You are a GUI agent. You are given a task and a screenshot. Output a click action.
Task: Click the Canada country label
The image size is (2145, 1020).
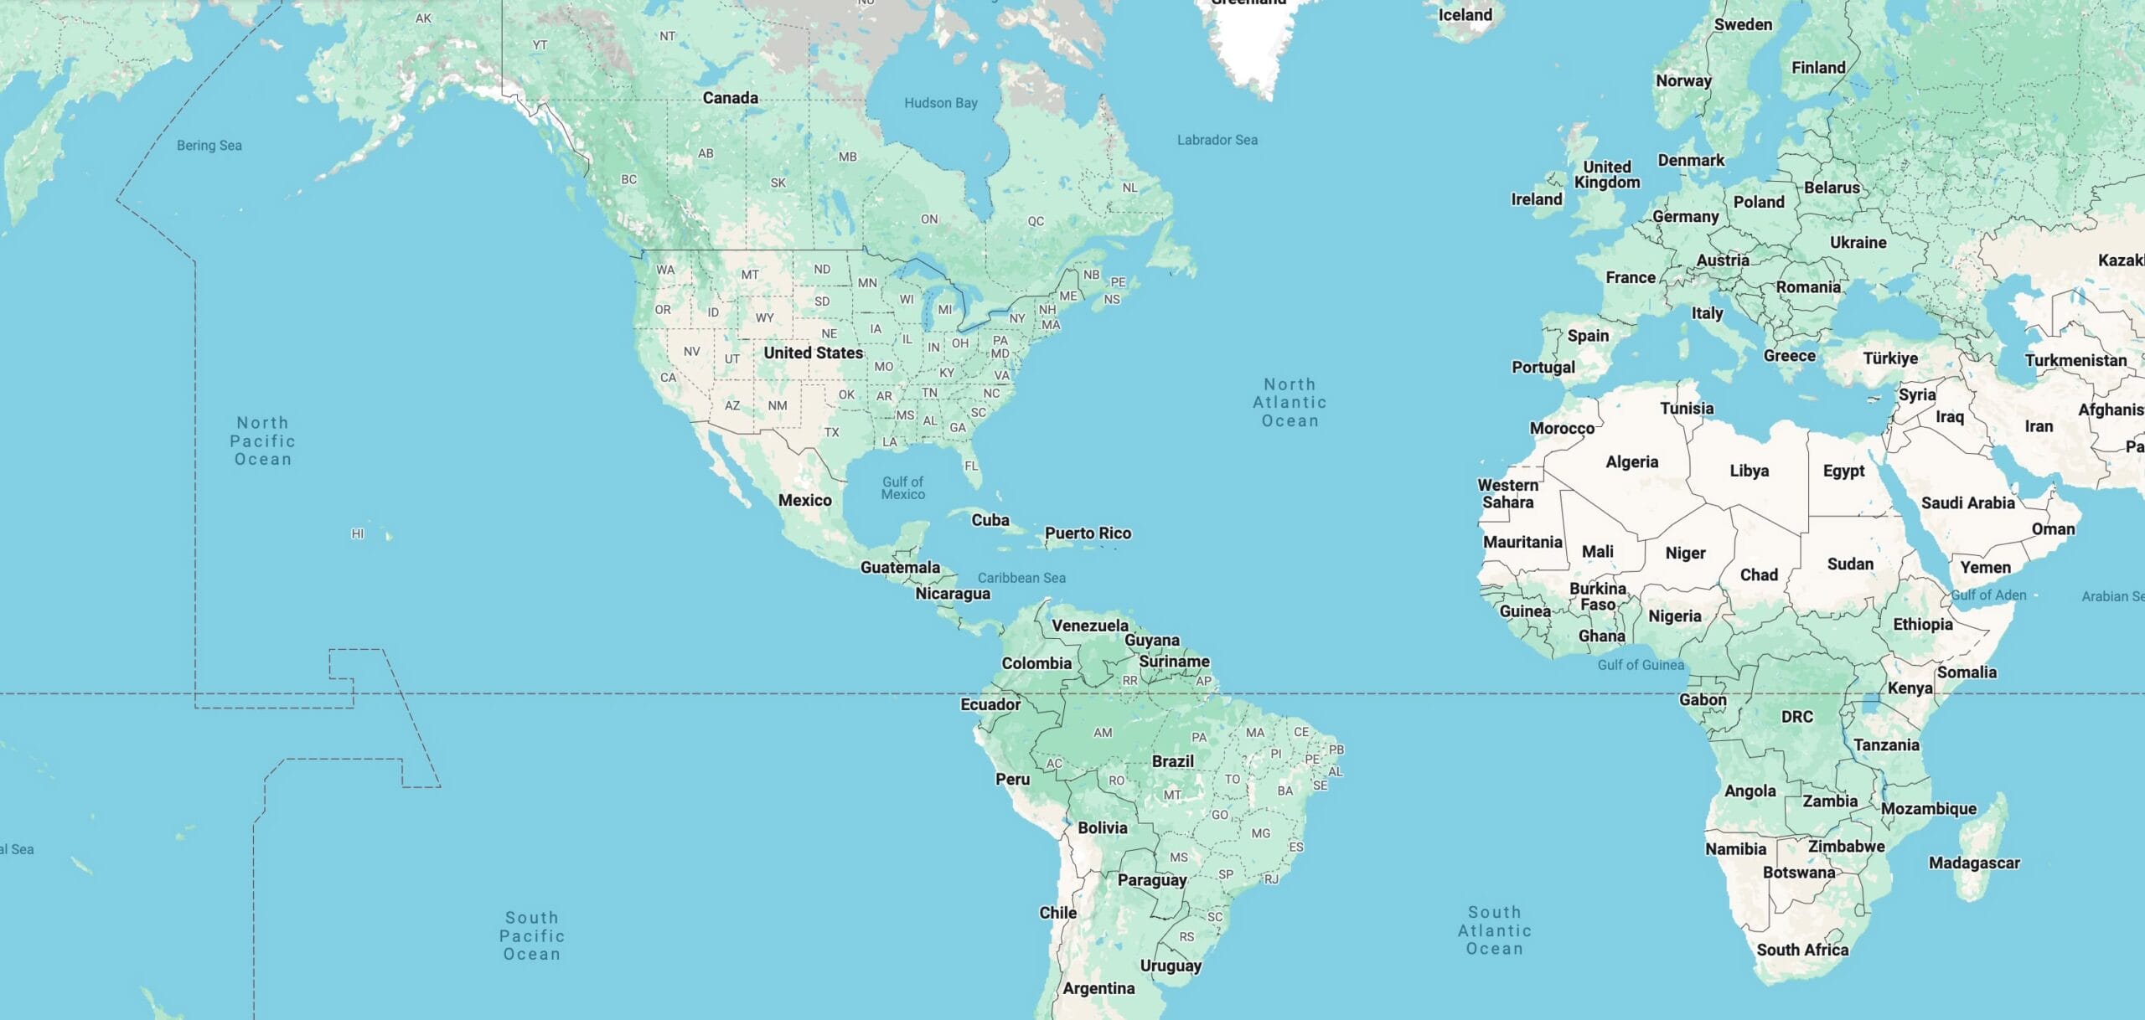(x=730, y=98)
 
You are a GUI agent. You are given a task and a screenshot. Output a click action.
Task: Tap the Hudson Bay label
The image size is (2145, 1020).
(x=940, y=103)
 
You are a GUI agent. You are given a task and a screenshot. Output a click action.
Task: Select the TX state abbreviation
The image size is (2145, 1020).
(x=831, y=432)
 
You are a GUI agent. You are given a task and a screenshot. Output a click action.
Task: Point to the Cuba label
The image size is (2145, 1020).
(x=990, y=520)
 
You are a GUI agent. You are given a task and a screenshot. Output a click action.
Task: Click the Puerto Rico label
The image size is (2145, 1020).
(x=1088, y=533)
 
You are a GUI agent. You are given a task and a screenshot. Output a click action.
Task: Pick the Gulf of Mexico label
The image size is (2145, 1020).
(x=902, y=487)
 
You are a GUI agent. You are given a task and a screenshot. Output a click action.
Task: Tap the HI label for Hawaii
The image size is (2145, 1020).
(x=358, y=533)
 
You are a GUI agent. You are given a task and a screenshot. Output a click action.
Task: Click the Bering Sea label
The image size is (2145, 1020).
(x=209, y=146)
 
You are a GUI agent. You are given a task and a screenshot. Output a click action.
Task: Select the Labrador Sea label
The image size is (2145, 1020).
(x=1217, y=140)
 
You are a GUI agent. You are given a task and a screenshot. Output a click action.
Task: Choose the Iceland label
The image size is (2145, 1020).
(x=1465, y=15)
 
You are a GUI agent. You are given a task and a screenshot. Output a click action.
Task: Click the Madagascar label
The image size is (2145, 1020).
(x=1973, y=863)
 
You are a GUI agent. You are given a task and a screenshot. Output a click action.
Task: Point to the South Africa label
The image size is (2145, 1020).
(x=1801, y=950)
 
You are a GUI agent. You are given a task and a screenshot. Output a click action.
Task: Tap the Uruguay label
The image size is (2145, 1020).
(x=1170, y=966)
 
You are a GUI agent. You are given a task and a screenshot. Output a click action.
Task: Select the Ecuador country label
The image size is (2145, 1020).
(x=990, y=704)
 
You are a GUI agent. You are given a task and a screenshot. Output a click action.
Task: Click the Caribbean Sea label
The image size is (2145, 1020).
(x=1021, y=578)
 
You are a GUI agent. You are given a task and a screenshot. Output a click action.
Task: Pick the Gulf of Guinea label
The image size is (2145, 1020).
(x=1640, y=665)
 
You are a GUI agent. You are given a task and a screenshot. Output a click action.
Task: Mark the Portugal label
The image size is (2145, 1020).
(x=1543, y=367)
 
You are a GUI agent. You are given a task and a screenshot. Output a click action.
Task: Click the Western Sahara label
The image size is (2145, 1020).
(x=1507, y=493)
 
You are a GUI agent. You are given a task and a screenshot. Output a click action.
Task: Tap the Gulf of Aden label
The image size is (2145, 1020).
(x=1988, y=595)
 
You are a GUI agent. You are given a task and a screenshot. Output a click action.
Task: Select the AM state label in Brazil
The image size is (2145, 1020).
(x=1103, y=733)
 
